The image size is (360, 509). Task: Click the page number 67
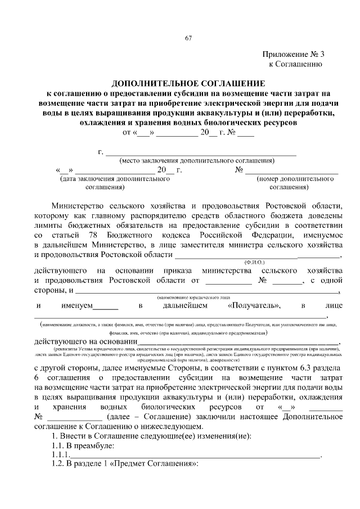click(x=188, y=38)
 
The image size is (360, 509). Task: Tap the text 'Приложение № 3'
click(x=293, y=55)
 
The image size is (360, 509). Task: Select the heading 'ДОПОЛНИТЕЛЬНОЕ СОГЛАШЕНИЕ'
click(x=188, y=82)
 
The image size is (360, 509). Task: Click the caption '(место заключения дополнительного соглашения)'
click(x=201, y=160)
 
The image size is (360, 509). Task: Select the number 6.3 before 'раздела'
click(x=308, y=368)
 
